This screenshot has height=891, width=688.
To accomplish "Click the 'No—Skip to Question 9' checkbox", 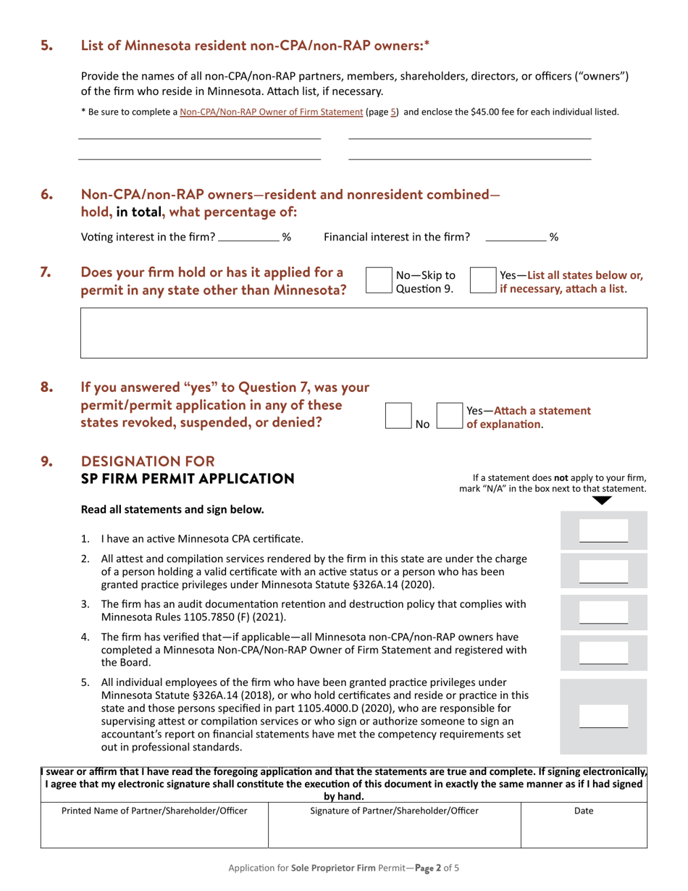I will tap(379, 280).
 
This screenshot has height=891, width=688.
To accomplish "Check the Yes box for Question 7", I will tap(482, 280).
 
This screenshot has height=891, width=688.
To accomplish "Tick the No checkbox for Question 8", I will tap(398, 416).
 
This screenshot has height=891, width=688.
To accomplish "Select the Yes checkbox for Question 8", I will tap(450, 416).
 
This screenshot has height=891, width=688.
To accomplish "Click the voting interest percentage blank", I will tap(248, 236).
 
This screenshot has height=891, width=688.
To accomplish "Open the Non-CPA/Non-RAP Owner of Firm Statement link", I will tap(271, 112).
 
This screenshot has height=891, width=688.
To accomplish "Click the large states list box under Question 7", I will tap(364, 333).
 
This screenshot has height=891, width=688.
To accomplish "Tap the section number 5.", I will tap(46, 46).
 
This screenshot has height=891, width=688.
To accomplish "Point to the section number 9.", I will tap(46, 461).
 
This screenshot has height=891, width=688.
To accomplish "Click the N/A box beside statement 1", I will tap(603, 532).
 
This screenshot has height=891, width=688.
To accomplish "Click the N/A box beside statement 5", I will tap(603, 717).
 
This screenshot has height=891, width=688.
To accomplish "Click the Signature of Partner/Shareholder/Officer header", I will tap(394, 811).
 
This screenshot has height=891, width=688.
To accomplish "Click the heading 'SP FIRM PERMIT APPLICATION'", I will tap(188, 479).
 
